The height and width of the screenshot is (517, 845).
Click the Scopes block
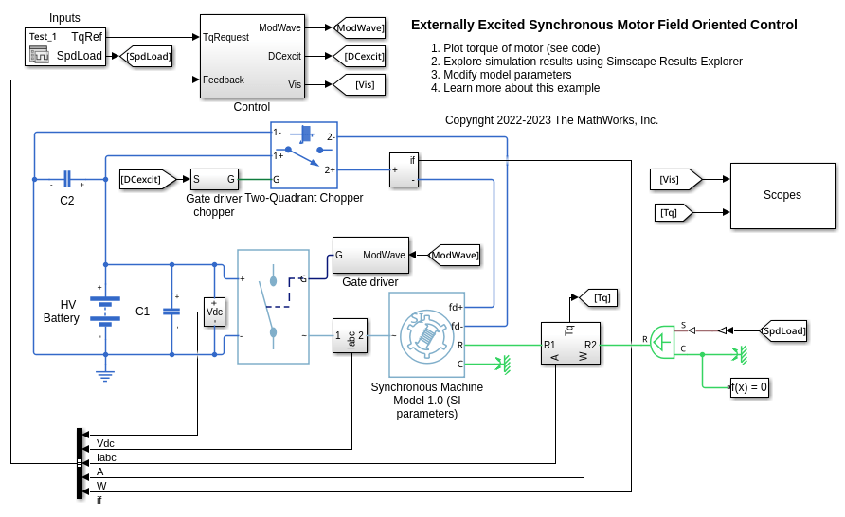pyautogui.click(x=782, y=195)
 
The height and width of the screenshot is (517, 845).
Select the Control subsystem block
pyautogui.click(x=251, y=57)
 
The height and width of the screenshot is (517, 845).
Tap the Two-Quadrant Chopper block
pyautogui.click(x=304, y=155)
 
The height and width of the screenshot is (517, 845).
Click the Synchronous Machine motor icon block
pyautogui.click(x=426, y=335)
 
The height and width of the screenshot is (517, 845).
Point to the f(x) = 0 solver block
pyautogui.click(x=748, y=387)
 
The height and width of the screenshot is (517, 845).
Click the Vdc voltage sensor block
pyautogui.click(x=215, y=312)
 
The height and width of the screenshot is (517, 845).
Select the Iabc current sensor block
pyautogui.click(x=350, y=335)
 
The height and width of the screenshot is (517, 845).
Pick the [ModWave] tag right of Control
pyautogui.click(x=359, y=28)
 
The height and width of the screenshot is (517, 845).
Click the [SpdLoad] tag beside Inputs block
pyautogui.click(x=147, y=57)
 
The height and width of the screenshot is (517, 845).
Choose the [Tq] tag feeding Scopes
pyautogui.click(x=674, y=213)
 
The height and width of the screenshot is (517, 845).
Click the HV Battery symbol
pyautogui.click(x=105, y=311)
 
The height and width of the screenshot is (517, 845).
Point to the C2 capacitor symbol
pyautogui.click(x=66, y=179)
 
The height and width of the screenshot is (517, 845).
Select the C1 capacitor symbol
pyautogui.click(x=171, y=311)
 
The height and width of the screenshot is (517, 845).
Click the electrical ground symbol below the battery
pyautogui.click(x=105, y=376)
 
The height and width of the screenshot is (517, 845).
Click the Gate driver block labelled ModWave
pyautogui.click(x=370, y=255)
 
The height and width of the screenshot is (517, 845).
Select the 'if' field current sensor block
pyautogui.click(x=404, y=170)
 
